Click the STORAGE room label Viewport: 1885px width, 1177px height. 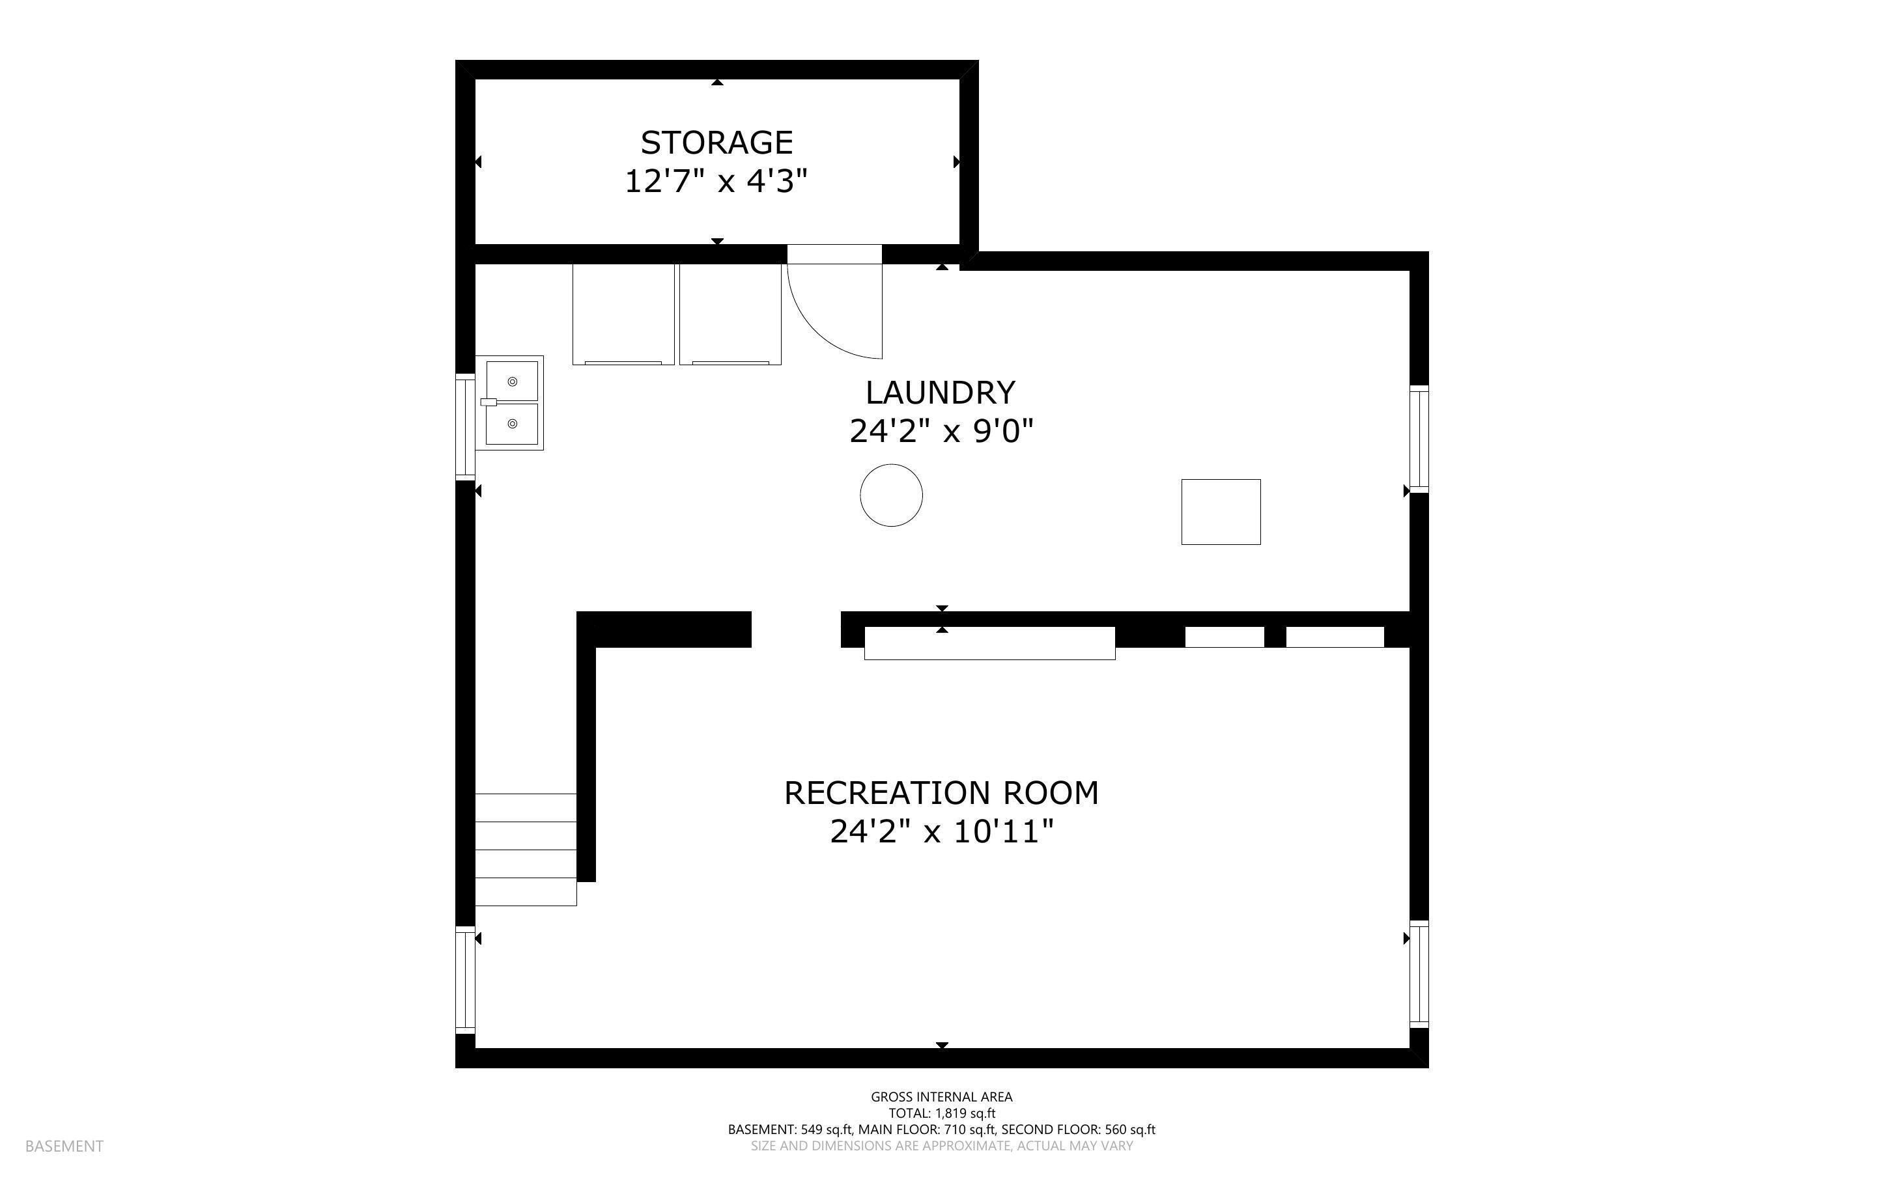716,143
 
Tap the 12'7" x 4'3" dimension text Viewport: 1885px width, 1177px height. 716,182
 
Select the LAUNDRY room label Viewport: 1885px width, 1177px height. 941,393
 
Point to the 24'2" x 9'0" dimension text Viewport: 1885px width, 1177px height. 941,431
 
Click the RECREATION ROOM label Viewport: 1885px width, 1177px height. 941,793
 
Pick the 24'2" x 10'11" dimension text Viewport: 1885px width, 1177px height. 941,832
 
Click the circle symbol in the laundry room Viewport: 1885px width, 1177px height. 891,495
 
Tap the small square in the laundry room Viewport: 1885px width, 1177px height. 1220,512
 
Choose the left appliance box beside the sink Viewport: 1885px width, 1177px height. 623,314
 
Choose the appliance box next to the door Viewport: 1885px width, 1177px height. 730,314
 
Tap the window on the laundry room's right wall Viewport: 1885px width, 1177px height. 1419,438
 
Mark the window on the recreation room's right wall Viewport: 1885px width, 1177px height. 1419,974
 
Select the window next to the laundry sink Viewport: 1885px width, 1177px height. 465,426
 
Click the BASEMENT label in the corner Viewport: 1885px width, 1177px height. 64,1146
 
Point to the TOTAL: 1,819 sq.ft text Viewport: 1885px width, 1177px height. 941,1113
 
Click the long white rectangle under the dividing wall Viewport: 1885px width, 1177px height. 989,644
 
